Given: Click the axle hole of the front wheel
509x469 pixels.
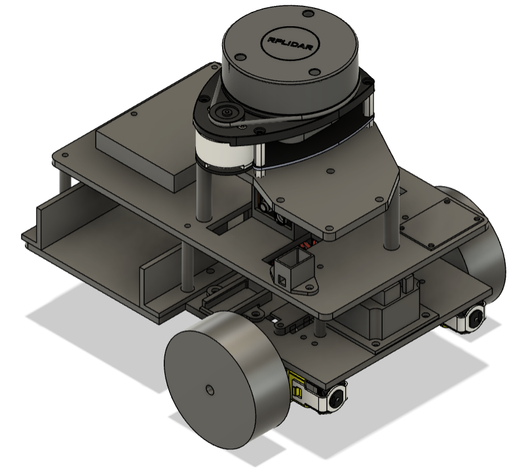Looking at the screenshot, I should point(209,390).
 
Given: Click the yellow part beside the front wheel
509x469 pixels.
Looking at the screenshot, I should point(297,388).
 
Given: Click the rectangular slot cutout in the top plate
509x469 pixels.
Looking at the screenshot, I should point(226,227).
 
